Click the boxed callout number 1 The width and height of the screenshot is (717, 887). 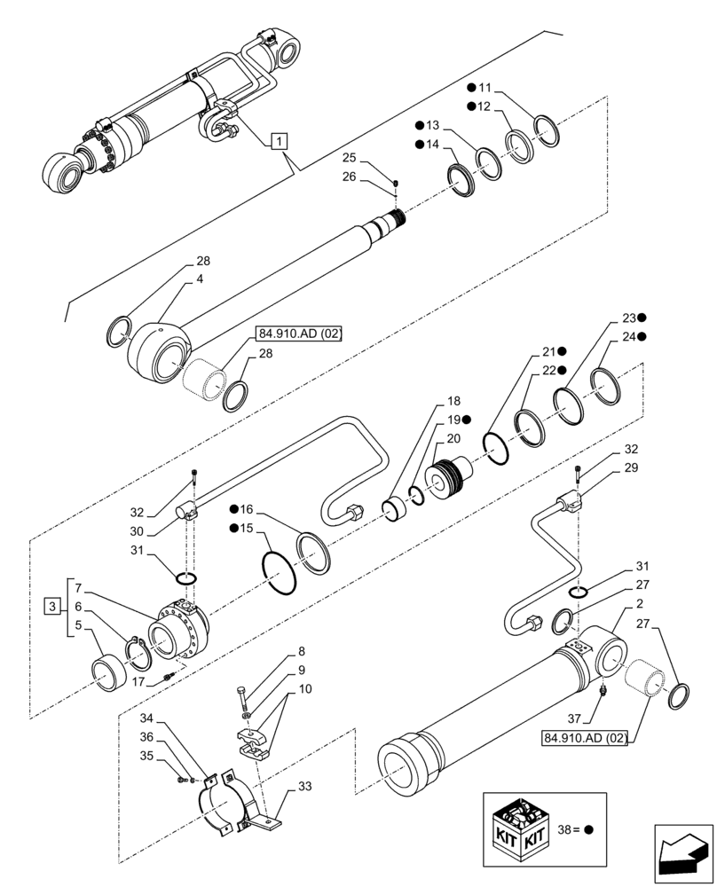click(x=279, y=140)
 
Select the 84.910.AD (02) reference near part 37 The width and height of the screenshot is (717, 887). click(x=582, y=738)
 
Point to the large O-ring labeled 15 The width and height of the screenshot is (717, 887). click(x=280, y=577)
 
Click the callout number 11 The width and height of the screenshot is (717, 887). click(x=485, y=88)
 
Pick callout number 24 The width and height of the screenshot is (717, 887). click(x=629, y=337)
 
